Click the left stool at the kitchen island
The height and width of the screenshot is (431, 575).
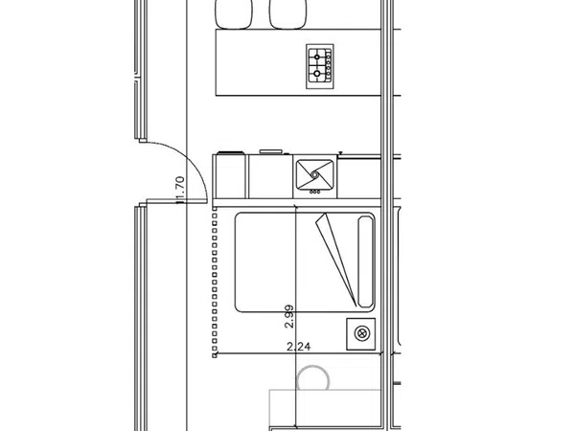234,14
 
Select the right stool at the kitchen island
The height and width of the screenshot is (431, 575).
287,14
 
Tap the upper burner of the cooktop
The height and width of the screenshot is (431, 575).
317,57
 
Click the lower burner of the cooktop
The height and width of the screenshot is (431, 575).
317,74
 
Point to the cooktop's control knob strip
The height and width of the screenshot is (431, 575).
329,66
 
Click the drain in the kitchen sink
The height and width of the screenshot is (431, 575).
314,175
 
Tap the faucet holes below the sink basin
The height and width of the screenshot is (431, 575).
314,192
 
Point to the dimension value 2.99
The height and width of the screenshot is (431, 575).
289,316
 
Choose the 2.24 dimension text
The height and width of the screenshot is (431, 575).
298,347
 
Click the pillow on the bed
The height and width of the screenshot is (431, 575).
366,261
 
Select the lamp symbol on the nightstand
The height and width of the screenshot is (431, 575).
362,333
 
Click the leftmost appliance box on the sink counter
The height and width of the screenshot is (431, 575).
231,176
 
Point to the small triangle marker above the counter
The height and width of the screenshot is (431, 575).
340,153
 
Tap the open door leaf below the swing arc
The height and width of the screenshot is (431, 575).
176,201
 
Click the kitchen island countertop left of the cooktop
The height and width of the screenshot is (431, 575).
261,62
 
